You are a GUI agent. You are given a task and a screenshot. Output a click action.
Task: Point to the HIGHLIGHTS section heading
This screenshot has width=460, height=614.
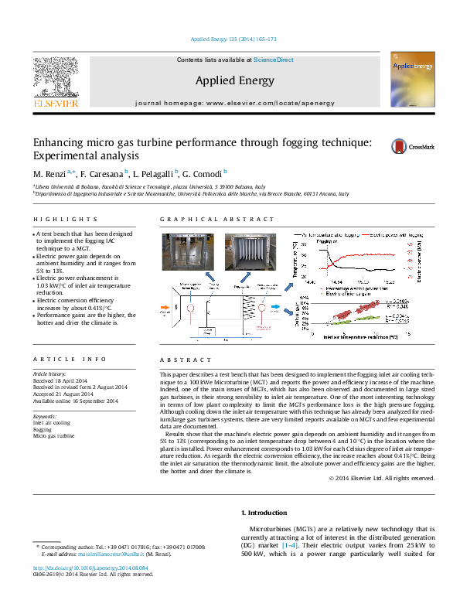[56, 220]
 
